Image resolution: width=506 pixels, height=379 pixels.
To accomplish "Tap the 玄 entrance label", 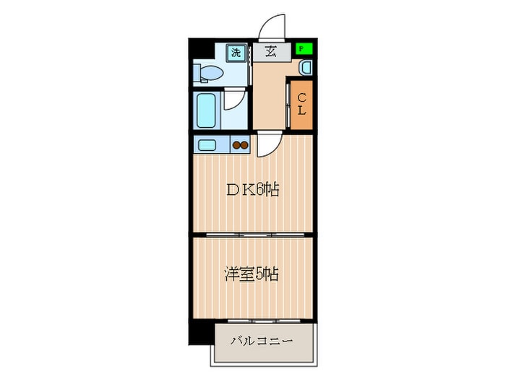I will point(270,51).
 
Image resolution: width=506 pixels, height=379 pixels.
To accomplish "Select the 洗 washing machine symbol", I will point(236,52).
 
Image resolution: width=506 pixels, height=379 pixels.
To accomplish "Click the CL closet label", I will point(302,105).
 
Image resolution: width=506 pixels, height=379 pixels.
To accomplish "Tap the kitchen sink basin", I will point(207,144).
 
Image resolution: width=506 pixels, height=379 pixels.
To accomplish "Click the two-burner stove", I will point(239,144).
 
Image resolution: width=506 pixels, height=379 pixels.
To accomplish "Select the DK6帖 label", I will point(252,190).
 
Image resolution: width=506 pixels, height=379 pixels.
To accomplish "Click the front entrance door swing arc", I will point(269,25).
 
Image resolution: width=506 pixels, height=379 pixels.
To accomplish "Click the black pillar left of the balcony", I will point(201,331).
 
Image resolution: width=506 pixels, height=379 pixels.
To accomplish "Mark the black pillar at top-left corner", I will point(199,51).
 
